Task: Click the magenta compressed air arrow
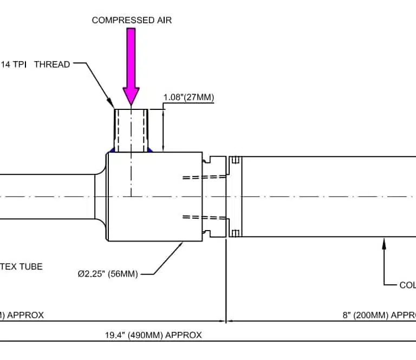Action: tap(131, 65)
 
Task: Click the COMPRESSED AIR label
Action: tap(132, 21)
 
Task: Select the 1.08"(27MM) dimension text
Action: tap(188, 97)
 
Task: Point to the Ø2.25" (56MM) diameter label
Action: tap(107, 274)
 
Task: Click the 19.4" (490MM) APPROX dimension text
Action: tap(153, 335)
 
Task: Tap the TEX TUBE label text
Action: tap(21, 266)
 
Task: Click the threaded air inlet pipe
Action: tap(131, 130)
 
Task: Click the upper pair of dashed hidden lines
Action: tap(204, 176)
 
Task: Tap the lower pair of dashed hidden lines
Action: tap(204, 218)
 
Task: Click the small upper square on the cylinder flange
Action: tap(235, 160)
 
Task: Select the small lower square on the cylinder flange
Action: tap(235, 233)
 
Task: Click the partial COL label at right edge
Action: tap(407, 285)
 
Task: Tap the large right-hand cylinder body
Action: tap(325, 197)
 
